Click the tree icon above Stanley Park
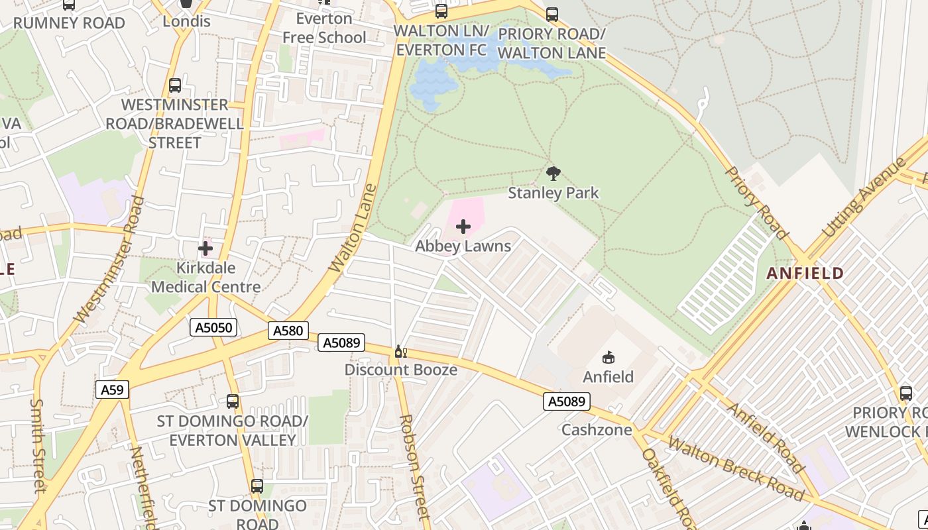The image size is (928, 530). tap(553, 174)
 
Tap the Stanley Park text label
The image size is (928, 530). tap(553, 193)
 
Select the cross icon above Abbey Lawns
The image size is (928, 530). tap(463, 227)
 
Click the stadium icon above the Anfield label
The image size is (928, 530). tap(608, 358)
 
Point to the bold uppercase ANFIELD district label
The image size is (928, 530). tap(805, 273)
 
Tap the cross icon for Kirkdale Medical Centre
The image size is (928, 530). tap(205, 248)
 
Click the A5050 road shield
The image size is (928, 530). tap(213, 327)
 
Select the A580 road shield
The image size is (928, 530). tap(288, 331)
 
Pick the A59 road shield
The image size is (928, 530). tap(112, 390)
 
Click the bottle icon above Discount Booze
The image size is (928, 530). tap(400, 352)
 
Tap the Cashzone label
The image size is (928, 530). tap(594, 429)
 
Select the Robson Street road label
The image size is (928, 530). tap(415, 467)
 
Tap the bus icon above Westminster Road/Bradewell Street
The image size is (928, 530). tap(175, 85)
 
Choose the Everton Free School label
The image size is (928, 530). tap(324, 28)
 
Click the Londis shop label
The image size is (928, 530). tap(187, 21)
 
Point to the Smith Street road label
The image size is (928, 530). tap(38, 445)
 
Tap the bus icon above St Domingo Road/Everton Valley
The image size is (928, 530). tap(232, 401)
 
